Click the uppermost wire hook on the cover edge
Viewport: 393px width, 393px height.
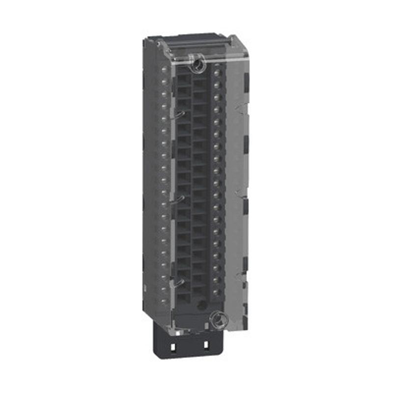point(180,114)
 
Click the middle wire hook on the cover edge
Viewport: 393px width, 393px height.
point(180,199)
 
